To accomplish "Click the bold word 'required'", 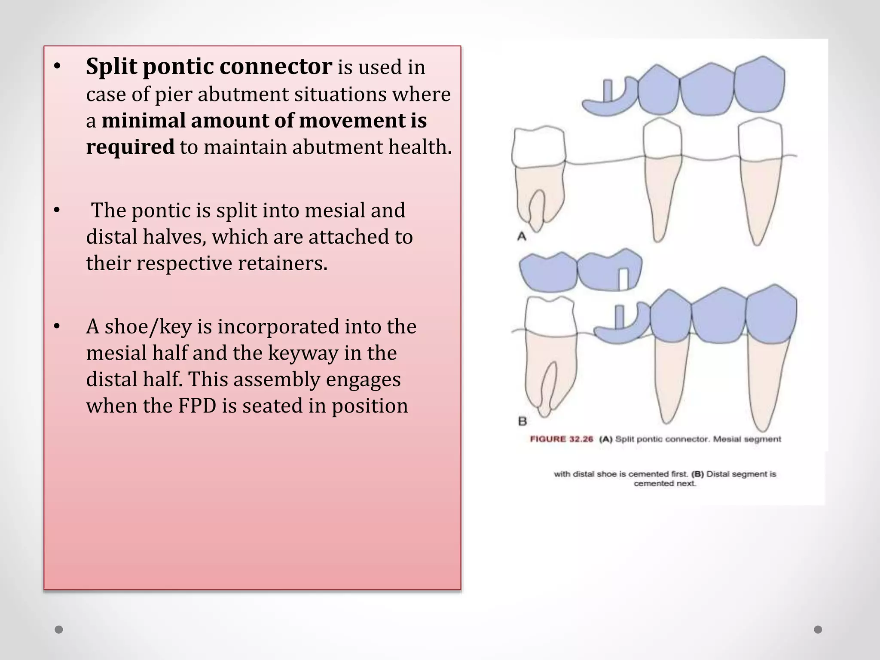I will tap(130, 147).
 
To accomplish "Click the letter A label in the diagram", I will tap(522, 236).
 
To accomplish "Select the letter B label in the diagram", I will tap(522, 421).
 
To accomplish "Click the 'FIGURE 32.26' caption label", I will tap(561, 439).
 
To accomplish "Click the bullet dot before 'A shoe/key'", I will tap(57, 327).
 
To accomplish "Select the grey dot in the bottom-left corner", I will tap(59, 629).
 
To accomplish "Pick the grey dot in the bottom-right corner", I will tap(818, 629).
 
